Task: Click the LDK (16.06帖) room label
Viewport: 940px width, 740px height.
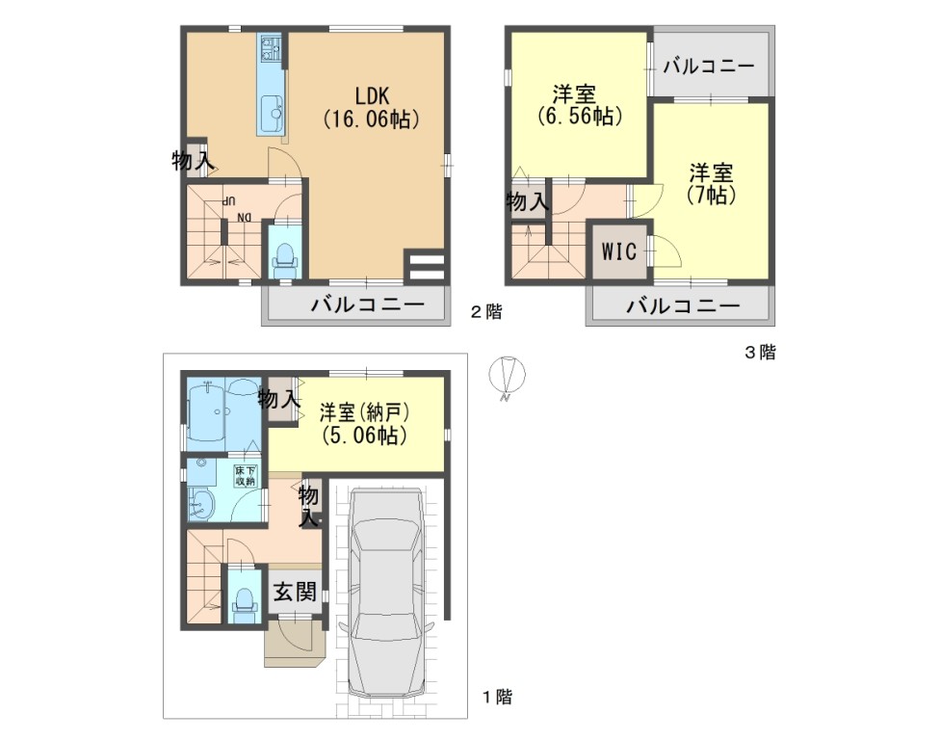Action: tap(371, 107)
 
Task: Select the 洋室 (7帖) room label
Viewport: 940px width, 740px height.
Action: tap(711, 183)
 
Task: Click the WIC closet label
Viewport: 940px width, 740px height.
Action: tap(618, 251)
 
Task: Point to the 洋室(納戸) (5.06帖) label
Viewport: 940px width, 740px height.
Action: tap(364, 423)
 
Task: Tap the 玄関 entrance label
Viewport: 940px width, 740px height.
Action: tap(295, 592)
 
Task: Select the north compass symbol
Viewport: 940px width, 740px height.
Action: tap(508, 377)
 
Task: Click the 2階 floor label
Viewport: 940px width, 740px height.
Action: tap(485, 312)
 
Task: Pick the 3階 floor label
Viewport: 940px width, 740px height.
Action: tap(760, 353)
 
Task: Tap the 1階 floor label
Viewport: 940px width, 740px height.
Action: tap(498, 697)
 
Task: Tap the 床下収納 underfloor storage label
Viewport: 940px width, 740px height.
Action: tap(246, 476)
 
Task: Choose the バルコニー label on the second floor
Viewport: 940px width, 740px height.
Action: tap(367, 305)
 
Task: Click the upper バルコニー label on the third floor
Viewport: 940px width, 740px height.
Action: tap(708, 66)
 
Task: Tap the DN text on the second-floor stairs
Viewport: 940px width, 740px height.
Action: tap(244, 218)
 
